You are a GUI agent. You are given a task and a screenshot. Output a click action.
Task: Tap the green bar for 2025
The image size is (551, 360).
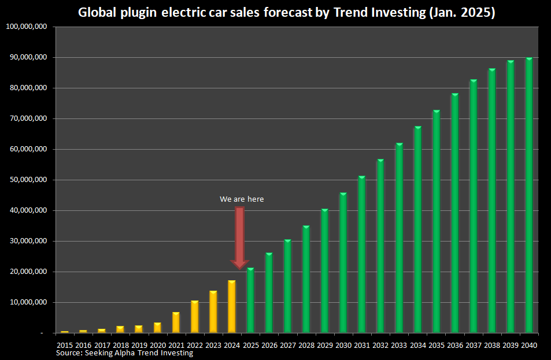250,300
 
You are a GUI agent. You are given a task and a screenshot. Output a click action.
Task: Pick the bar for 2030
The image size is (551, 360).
343,263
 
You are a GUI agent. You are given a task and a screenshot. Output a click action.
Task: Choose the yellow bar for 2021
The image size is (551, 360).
176,322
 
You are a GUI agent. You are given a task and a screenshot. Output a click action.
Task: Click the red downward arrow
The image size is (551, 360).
239,237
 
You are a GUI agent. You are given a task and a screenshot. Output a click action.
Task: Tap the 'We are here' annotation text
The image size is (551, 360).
242,199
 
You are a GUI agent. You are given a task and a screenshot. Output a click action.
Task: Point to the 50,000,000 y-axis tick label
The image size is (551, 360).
27,180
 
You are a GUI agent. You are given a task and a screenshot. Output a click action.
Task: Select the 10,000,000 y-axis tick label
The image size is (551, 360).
27,302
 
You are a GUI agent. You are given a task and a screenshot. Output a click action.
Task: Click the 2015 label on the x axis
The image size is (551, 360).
65,345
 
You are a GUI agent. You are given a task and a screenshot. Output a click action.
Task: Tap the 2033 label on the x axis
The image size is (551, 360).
399,345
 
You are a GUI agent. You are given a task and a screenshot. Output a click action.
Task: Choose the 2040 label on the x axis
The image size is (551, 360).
529,345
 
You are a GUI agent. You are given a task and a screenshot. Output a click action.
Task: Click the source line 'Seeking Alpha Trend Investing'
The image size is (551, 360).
124,353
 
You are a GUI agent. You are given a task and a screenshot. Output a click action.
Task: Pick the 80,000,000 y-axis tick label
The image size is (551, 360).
27,88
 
